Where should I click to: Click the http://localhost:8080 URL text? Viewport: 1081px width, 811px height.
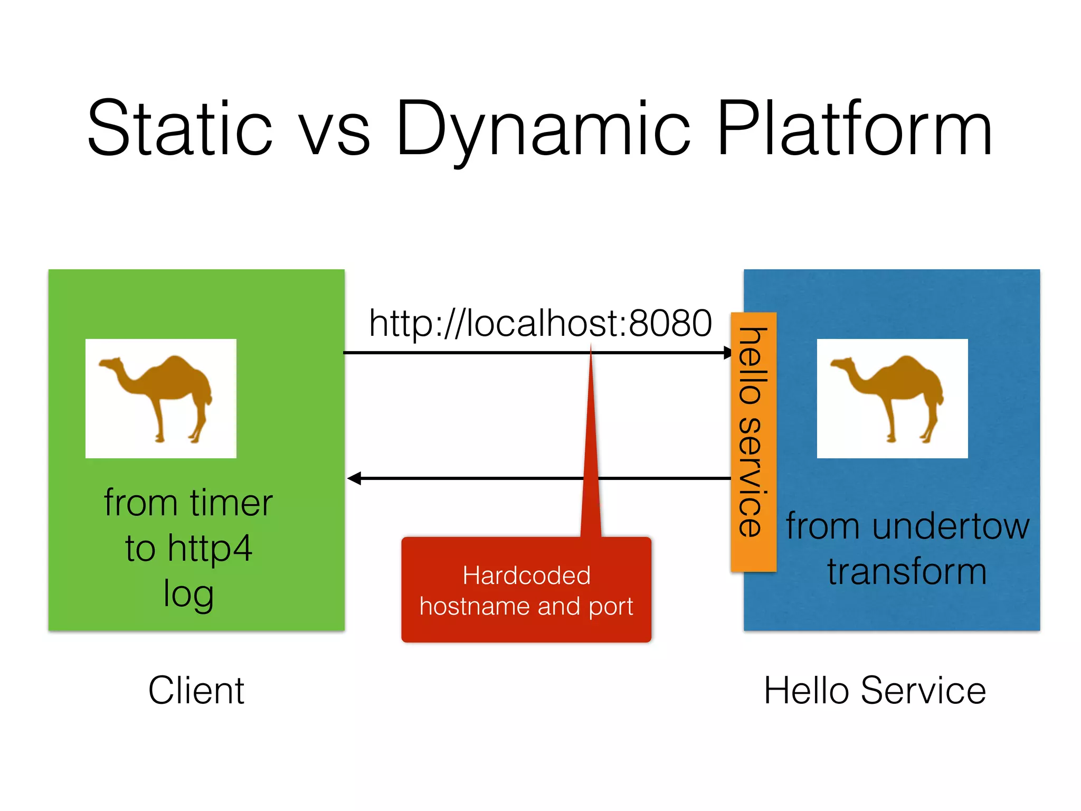tap(540, 323)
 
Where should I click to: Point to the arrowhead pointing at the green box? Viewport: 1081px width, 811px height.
tap(354, 478)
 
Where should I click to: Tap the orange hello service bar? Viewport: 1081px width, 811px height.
tap(753, 441)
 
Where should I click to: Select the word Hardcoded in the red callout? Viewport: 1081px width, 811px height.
tap(526, 575)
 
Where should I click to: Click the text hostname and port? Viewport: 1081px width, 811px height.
tap(526, 606)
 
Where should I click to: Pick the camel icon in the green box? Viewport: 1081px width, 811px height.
tap(160, 398)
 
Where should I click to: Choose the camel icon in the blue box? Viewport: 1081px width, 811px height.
tap(892, 398)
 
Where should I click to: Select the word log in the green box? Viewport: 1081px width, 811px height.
tap(188, 593)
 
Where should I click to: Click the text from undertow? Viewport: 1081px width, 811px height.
tap(907, 526)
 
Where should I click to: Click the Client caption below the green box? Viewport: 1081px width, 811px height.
tap(196, 690)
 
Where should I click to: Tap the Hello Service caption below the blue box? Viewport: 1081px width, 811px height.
tap(875, 690)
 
